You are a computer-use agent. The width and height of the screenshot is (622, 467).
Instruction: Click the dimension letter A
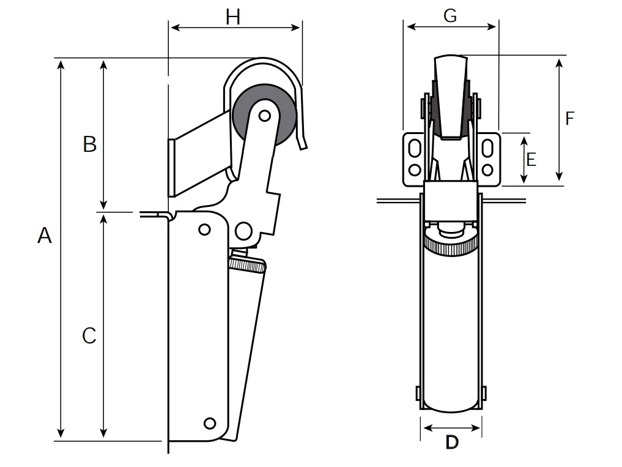pos(45,235)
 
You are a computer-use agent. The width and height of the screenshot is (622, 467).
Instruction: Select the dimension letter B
pos(90,144)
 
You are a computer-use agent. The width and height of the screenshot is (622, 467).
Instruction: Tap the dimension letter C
pos(89,335)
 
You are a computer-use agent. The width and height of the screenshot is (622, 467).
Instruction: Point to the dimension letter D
pos(451,443)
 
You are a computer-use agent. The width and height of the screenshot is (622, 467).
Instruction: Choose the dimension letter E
pos(531,160)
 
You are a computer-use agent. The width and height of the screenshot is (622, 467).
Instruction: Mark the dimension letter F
pos(569,118)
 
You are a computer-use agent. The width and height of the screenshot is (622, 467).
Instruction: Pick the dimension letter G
pos(450,16)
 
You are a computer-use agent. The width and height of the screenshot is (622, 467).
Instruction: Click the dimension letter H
pos(233,17)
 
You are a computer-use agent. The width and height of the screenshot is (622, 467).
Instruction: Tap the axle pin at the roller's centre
pos(264,115)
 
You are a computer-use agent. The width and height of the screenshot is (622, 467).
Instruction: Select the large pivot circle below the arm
pos(243,231)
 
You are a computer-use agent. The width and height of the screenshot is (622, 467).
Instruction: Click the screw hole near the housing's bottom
pos(210,423)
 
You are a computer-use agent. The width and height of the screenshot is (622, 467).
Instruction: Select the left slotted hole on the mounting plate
pos(414,149)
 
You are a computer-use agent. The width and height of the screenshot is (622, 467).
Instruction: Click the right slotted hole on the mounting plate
pos(488,149)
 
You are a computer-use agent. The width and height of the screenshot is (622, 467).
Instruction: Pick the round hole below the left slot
pos(414,169)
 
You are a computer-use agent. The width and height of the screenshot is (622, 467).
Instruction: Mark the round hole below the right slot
pos(488,169)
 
